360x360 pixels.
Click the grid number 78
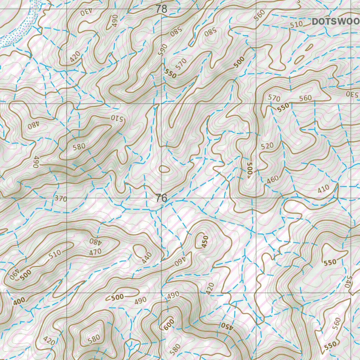click(x=161, y=9)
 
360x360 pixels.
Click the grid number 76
click(x=161, y=198)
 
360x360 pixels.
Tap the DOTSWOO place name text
click(x=336, y=21)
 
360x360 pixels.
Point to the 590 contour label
click(x=162, y=50)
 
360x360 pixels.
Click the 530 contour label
click(x=352, y=94)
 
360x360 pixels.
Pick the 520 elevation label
click(x=267, y=146)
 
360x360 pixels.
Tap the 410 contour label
click(x=323, y=188)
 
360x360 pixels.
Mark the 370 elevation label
click(x=60, y=199)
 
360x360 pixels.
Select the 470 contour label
click(x=95, y=252)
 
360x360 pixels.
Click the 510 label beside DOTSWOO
click(x=296, y=25)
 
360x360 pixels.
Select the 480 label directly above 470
click(x=95, y=242)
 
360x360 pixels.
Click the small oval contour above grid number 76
click(x=164, y=169)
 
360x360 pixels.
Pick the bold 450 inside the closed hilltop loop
click(x=205, y=242)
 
